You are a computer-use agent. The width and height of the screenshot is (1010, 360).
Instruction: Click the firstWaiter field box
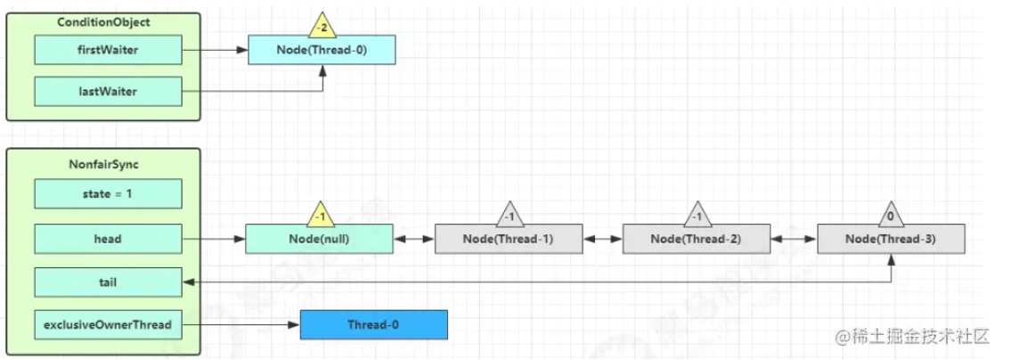pos(109,50)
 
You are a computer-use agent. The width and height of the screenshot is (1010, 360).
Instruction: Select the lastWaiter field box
pos(109,92)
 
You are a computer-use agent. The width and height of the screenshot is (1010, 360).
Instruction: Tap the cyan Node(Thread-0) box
pos(322,50)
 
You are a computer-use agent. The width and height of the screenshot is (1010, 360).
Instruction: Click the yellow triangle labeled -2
pos(322,24)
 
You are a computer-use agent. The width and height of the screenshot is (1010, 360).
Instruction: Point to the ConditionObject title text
pos(103,21)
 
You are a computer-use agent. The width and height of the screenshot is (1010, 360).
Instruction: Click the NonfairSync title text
pos(103,164)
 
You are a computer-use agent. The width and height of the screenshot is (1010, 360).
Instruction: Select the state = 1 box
pos(109,192)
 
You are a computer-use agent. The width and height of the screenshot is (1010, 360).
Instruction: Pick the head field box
pos(109,238)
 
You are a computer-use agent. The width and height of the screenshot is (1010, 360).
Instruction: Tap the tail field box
pos(109,282)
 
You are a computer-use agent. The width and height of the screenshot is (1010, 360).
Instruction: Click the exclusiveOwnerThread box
pos(109,324)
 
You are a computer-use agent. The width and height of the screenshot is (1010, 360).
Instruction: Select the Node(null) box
pos(320,238)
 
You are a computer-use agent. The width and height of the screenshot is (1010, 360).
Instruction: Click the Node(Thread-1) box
pos(509,238)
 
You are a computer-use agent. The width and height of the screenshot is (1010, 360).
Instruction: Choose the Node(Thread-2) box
pos(697,238)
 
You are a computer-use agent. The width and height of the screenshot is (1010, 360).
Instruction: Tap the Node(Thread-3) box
pos(892,238)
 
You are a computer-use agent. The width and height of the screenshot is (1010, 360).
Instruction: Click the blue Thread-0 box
pos(373,324)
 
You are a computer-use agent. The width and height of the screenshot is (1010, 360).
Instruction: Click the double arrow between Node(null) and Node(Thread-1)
pos(414,239)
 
